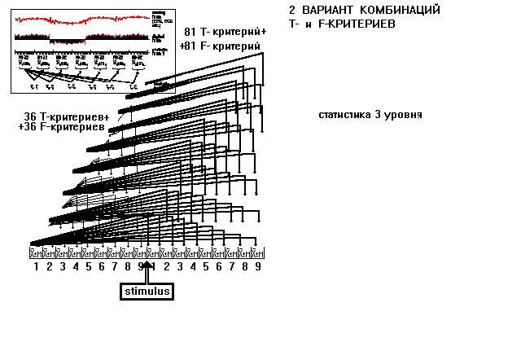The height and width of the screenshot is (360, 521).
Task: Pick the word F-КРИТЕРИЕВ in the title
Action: point(368,24)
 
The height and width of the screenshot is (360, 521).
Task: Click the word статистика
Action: point(344,115)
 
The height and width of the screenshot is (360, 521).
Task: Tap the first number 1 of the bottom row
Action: point(37,266)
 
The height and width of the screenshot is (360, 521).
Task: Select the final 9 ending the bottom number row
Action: point(258,266)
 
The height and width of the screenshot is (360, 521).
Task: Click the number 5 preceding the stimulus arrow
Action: point(89,266)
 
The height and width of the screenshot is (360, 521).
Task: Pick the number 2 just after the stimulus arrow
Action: point(167,266)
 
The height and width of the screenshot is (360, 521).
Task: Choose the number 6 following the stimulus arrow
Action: point(219,266)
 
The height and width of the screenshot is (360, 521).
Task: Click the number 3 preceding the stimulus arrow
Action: point(63,266)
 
